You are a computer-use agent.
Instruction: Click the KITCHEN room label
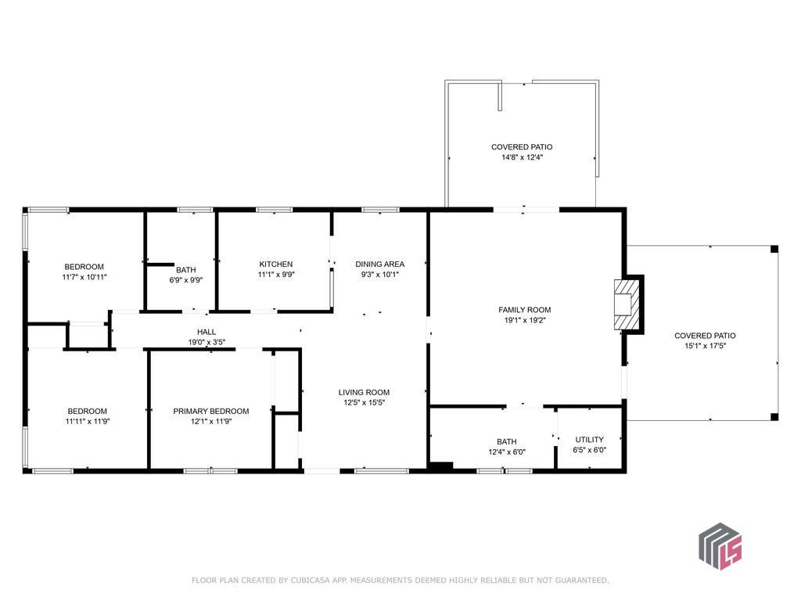[x=276, y=265]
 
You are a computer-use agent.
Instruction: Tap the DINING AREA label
[x=379, y=265]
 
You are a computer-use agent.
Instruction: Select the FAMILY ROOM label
[x=525, y=310]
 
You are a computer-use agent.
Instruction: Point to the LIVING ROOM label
[x=364, y=393]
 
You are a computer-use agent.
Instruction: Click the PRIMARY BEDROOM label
[x=211, y=412]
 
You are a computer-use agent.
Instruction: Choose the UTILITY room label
[x=590, y=440]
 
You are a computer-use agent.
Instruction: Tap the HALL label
[x=207, y=332]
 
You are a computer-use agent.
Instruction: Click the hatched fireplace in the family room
[x=627, y=304]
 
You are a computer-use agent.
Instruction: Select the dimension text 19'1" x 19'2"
[x=525, y=320]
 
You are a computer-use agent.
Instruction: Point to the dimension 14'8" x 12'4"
[x=522, y=157]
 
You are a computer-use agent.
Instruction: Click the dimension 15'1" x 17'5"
[x=705, y=346]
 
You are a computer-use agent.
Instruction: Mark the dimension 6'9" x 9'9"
[x=186, y=280]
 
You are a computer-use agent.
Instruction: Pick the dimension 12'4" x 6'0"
[x=507, y=452]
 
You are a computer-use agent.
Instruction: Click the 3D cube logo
[x=720, y=545]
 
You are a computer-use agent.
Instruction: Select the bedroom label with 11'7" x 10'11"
[x=84, y=267]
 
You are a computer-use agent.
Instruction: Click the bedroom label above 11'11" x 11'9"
[x=88, y=412]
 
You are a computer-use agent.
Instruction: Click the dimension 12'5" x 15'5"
[x=364, y=403]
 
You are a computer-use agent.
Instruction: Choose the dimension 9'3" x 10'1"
[x=379, y=275]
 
